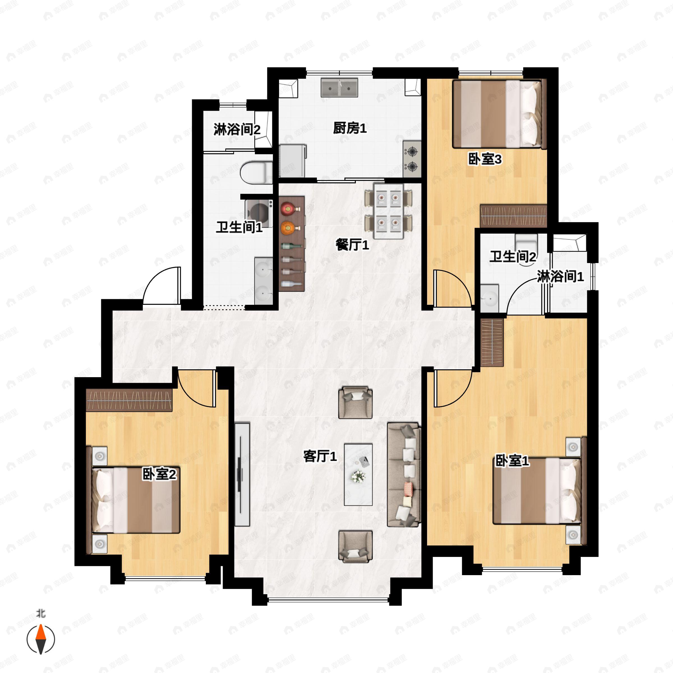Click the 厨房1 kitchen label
click(x=349, y=128)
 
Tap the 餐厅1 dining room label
click(x=352, y=245)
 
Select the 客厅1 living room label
click(x=320, y=456)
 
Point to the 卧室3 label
click(x=485, y=160)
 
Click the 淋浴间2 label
click(x=237, y=130)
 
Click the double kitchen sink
click(x=339, y=87)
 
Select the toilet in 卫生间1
click(x=256, y=172)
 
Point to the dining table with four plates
click(x=388, y=211)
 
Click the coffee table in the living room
click(x=358, y=474)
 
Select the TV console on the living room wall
click(x=242, y=474)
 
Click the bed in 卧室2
click(x=136, y=500)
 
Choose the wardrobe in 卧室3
click(x=513, y=216)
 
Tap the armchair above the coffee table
click(x=355, y=402)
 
